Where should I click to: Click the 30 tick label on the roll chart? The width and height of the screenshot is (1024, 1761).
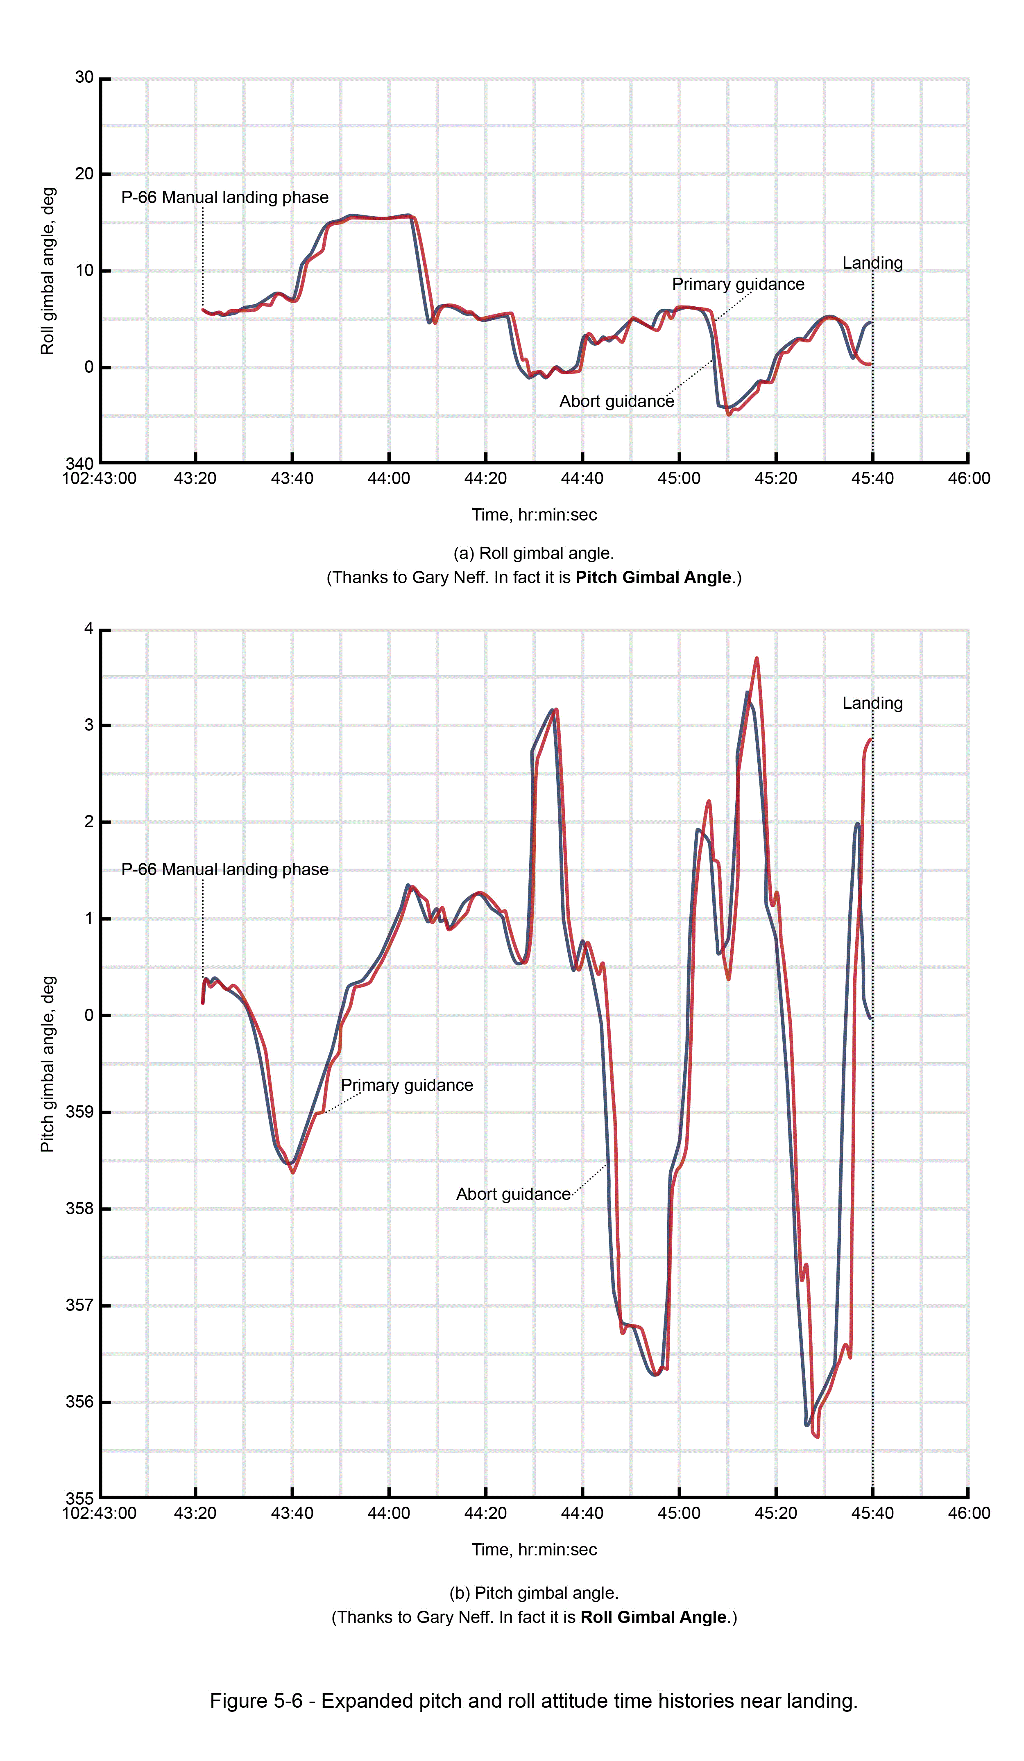coord(84,77)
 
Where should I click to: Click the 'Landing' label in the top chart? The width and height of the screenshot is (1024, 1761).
coord(872,263)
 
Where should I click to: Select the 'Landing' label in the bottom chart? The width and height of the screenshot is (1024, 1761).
coord(872,703)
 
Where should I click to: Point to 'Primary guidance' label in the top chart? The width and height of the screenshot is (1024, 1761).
coord(737,284)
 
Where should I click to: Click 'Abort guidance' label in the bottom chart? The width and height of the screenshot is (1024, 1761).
coord(513,1194)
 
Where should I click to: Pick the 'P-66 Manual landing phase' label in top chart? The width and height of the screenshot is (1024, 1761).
coord(224,198)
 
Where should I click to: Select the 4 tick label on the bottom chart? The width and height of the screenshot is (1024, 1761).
coord(89,629)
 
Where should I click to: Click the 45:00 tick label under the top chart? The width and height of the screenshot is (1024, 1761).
coord(678,479)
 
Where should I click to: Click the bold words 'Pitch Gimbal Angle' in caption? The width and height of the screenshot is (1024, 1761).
coord(653,577)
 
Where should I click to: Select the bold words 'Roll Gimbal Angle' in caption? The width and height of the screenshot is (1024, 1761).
coord(653,1617)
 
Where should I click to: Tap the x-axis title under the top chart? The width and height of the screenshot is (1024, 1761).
coord(534,515)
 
